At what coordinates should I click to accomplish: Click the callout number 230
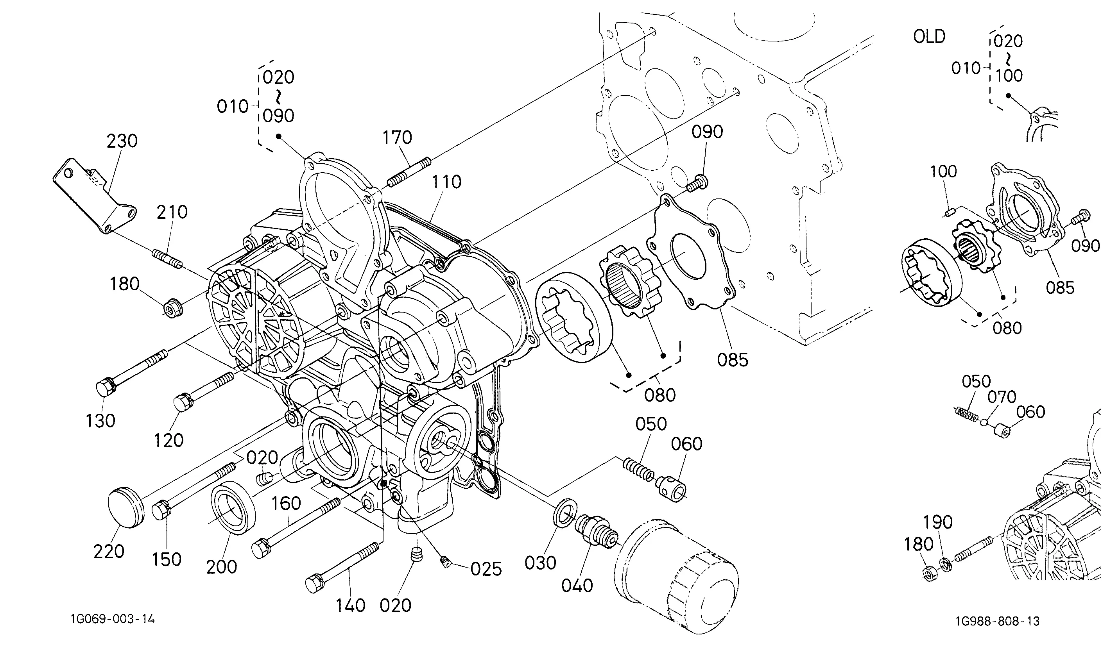click(122, 141)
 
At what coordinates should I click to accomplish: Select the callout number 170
click(397, 138)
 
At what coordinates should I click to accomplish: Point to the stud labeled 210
click(167, 258)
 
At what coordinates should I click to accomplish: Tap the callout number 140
click(351, 606)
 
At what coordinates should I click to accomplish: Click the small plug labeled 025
click(446, 561)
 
